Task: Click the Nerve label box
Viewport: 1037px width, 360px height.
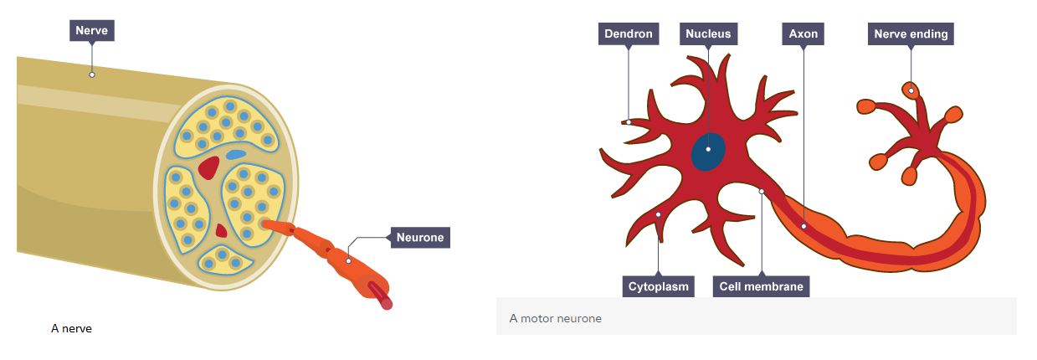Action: coord(91,32)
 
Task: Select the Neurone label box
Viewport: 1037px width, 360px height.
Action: coord(419,238)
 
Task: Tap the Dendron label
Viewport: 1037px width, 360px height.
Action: coord(629,34)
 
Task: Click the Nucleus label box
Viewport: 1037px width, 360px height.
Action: coord(707,34)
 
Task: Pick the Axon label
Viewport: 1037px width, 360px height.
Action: coord(803,34)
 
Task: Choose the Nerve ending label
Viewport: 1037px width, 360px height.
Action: coord(911,34)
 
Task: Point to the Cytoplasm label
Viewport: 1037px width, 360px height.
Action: coord(659,286)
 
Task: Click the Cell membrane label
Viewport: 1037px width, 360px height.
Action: coord(761,286)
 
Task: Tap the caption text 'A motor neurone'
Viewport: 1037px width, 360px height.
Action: coord(555,319)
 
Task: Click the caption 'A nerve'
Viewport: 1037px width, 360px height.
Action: coord(71,329)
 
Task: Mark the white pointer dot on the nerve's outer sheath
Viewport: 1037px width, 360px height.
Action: coord(92,75)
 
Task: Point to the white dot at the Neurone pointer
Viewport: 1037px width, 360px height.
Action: coord(348,260)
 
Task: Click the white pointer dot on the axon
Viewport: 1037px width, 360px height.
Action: coord(803,225)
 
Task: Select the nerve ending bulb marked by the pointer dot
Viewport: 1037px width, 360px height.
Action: coord(911,90)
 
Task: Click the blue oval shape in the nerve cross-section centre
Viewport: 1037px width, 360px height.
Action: coord(236,155)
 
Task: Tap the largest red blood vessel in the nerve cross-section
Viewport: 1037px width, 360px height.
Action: coord(208,167)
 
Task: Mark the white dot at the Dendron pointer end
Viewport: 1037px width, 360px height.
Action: coord(629,121)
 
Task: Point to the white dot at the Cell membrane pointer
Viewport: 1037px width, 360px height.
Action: coord(762,192)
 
